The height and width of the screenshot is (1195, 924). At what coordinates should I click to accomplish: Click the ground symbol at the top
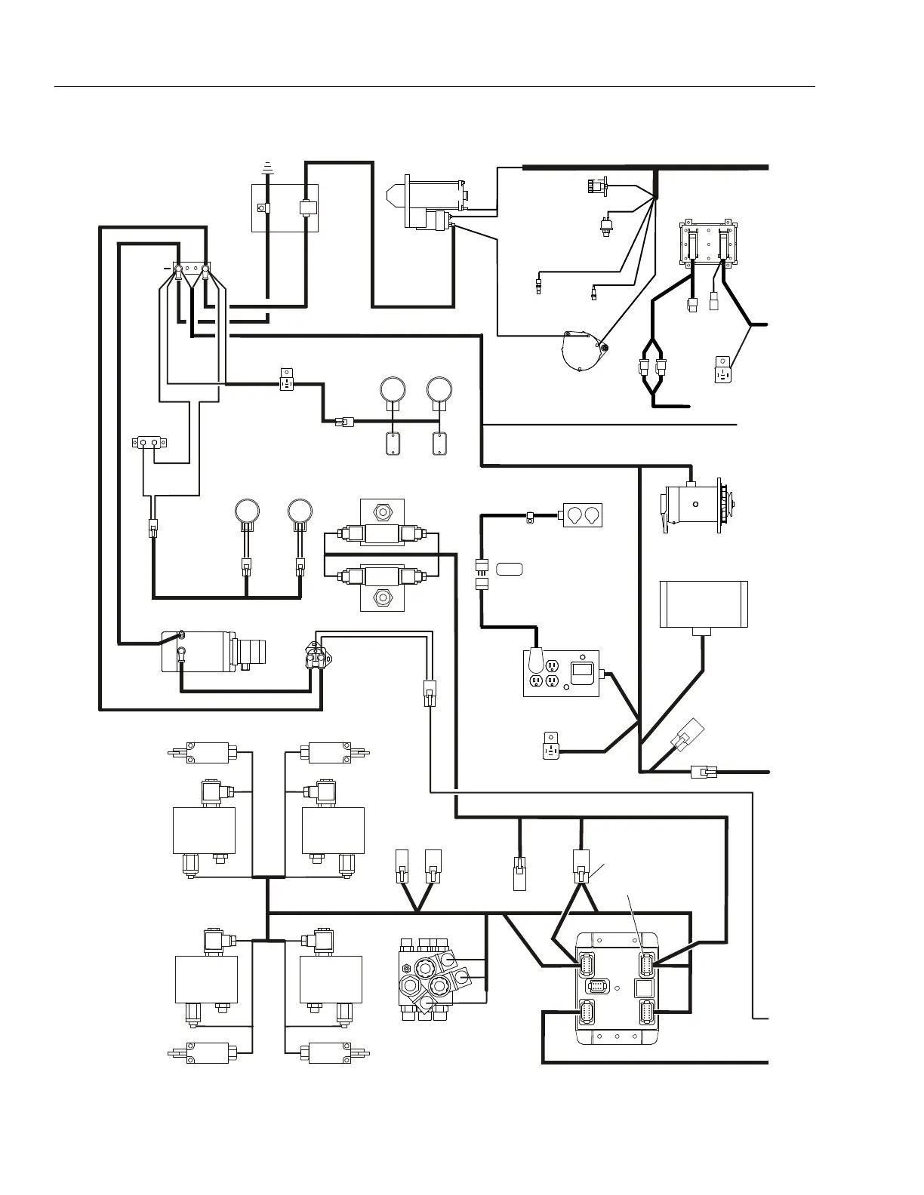(x=266, y=167)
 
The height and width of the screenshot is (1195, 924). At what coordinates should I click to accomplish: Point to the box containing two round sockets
(x=581, y=515)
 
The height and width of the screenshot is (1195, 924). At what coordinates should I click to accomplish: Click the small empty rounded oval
(x=510, y=567)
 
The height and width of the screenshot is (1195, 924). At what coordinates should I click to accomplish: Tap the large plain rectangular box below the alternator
(x=704, y=604)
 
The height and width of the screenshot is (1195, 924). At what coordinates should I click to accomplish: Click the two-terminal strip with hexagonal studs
(x=149, y=442)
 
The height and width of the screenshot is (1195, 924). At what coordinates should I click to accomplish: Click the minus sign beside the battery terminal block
(x=167, y=268)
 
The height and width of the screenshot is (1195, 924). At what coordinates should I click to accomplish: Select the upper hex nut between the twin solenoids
(x=383, y=511)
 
